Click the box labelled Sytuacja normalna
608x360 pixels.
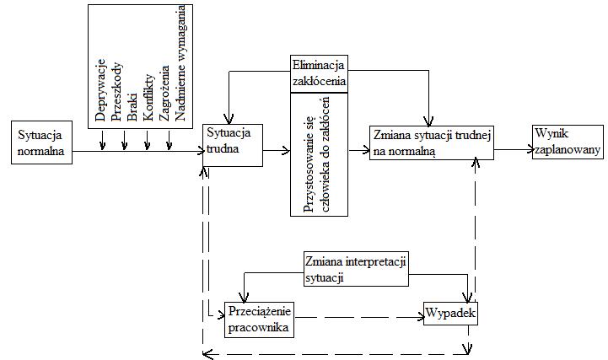40,142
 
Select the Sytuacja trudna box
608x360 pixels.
232,149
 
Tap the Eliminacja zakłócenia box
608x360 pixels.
318,73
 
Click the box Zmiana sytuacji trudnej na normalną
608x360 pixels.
431,142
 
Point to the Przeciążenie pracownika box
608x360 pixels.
260,320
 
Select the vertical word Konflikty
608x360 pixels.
149,97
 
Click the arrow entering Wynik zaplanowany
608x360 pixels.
513,150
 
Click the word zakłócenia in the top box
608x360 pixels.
319,81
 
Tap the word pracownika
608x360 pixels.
259,327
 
